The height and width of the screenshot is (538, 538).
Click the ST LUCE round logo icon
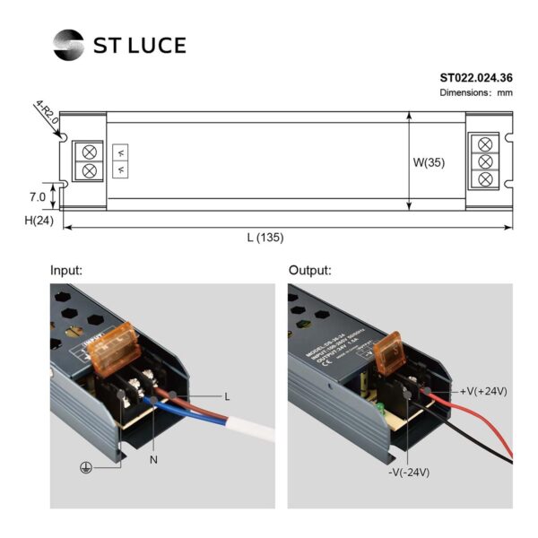click(x=68, y=43)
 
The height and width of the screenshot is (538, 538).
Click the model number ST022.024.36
click(x=476, y=78)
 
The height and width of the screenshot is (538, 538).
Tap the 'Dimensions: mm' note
click(x=476, y=93)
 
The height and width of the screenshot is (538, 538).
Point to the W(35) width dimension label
click(x=429, y=163)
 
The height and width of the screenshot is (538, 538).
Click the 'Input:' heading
click(x=66, y=270)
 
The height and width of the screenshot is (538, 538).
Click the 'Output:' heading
click(x=310, y=270)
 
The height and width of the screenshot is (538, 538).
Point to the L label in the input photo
click(x=227, y=395)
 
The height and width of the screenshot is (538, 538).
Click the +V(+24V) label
click(x=484, y=391)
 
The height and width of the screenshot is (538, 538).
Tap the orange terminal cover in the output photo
click(x=393, y=355)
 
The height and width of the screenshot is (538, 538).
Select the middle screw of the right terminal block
click(x=486, y=161)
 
